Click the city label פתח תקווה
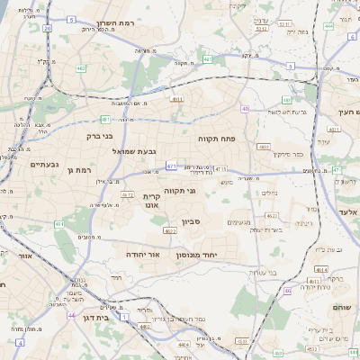(216, 139)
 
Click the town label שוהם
(343, 306)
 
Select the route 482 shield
(81, 67)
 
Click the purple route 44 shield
(71, 316)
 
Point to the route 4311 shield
(177, 99)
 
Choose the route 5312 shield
(262, 29)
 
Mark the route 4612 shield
(127, 194)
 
